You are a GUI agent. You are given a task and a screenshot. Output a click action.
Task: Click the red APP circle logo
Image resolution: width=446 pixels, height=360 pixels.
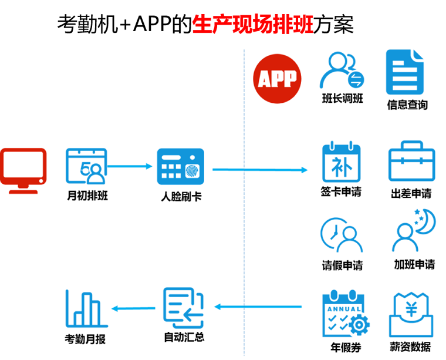[277, 79]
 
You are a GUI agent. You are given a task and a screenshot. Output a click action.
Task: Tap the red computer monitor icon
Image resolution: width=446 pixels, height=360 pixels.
[23, 171]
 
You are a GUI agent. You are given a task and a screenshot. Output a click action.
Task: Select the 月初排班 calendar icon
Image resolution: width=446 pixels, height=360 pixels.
[86, 166]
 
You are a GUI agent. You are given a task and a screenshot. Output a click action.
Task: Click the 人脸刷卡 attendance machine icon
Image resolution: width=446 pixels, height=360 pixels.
[181, 166]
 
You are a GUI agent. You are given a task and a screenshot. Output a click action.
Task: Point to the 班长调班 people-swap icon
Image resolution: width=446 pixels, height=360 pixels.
[342, 70]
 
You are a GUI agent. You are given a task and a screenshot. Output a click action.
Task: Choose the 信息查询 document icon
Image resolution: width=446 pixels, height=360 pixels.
[405, 72]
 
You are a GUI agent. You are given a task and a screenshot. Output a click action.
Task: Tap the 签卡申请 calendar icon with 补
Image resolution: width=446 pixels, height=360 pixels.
[342, 162]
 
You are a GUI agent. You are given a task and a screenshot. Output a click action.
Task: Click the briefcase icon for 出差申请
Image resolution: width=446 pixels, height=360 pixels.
[411, 161]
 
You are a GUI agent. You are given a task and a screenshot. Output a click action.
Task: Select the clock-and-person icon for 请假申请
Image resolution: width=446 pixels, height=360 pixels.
[342, 235]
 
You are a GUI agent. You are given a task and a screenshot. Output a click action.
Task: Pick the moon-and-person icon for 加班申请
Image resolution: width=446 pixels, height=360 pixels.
[414, 231]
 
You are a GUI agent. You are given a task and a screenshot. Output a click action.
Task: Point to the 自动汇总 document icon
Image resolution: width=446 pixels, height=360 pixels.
[184, 308]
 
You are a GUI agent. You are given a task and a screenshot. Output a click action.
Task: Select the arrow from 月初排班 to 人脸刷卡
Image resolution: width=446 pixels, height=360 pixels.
[130, 166]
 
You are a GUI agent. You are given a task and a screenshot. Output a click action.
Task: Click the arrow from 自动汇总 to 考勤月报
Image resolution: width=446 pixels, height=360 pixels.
[133, 308]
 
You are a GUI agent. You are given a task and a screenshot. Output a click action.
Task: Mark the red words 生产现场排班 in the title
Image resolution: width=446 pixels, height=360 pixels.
[253, 24]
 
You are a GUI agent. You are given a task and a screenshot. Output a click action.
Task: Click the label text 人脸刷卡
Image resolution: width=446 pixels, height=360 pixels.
[181, 196]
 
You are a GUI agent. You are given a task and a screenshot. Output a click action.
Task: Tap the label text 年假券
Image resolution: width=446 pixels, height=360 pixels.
[346, 348]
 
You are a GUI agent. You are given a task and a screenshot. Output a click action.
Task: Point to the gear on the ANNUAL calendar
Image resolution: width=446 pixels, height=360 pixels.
[359, 324]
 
